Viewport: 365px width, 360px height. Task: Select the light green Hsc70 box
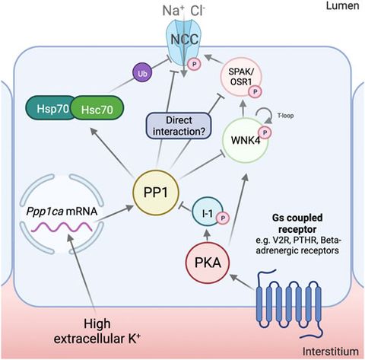(97, 107)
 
